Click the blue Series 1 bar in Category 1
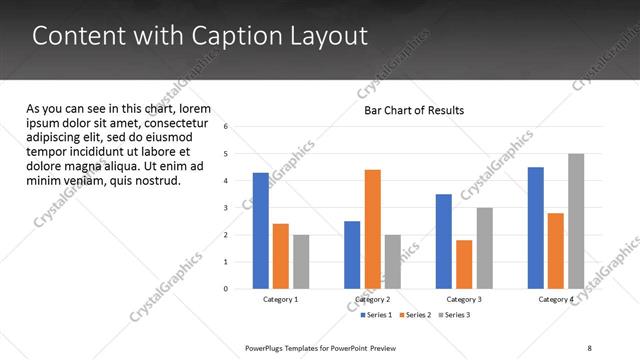click(x=261, y=231)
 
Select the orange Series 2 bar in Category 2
click(x=372, y=229)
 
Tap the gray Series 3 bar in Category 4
click(x=576, y=221)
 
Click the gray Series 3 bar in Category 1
click(x=301, y=262)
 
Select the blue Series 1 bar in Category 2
click(x=352, y=255)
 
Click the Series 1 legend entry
click(x=376, y=315)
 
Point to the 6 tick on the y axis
click(x=227, y=127)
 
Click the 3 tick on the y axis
click(x=227, y=208)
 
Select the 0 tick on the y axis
click(x=227, y=289)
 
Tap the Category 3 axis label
click(x=464, y=300)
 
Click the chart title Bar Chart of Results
click(x=413, y=110)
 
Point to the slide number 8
click(x=589, y=348)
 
